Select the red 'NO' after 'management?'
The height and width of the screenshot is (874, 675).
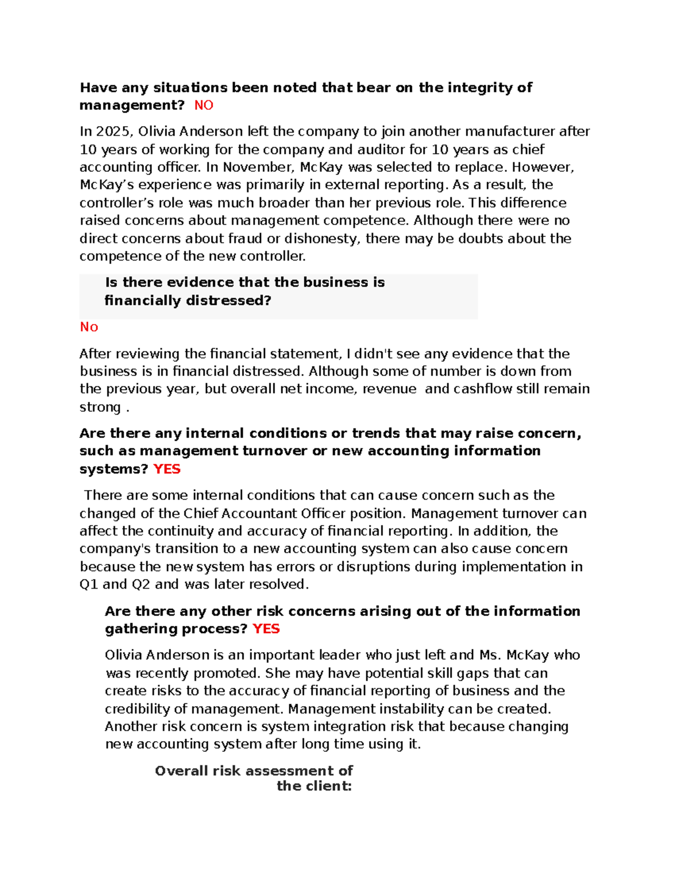coord(204,105)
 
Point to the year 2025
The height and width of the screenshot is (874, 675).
coord(113,132)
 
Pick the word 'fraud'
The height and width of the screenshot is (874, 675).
coord(245,239)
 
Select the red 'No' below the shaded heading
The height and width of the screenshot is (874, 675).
coord(89,327)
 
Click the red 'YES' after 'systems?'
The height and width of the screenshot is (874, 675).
coord(166,469)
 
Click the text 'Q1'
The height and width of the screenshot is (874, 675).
coord(89,584)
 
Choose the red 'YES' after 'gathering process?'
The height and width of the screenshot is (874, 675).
coord(266,629)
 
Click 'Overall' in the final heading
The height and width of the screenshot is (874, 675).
coord(181,771)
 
